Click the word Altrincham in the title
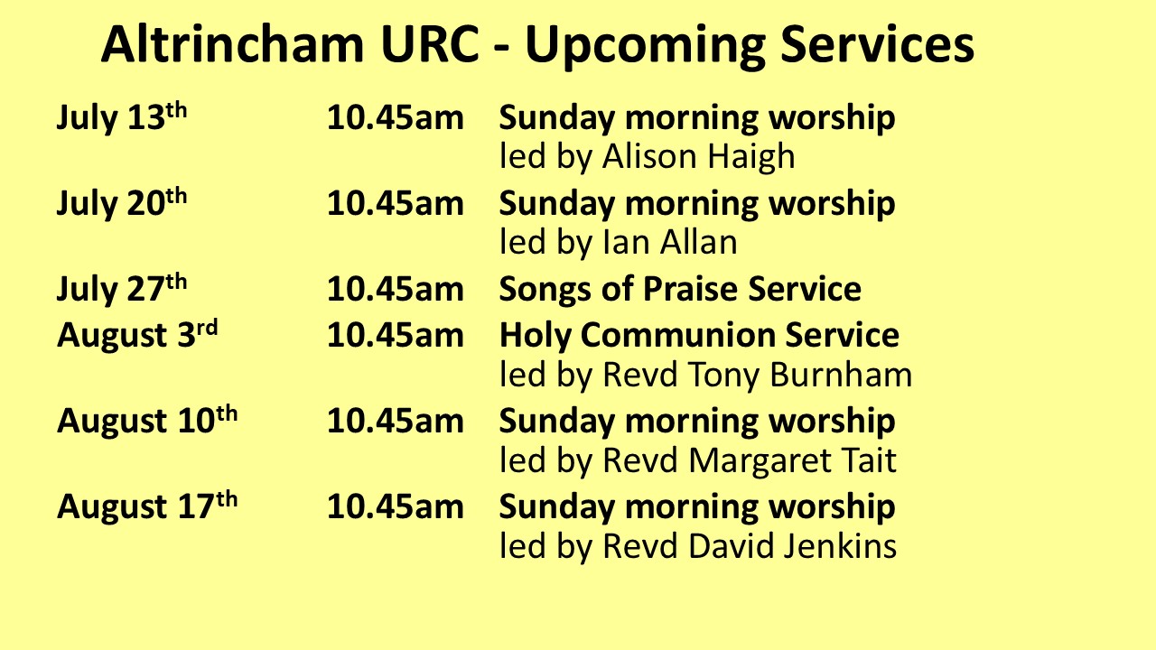tap(233, 44)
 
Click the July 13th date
tap(122, 117)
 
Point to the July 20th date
tap(122, 203)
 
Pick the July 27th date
tap(122, 289)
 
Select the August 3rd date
tap(137, 335)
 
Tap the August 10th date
tap(147, 421)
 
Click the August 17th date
tap(147, 506)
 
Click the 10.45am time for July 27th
tap(396, 289)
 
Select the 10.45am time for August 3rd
tap(396, 335)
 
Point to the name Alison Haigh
tap(698, 157)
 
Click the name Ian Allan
tap(670, 243)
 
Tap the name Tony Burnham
tap(800, 375)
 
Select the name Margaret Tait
tap(792, 460)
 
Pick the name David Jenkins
tap(792, 546)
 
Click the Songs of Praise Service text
tap(680, 289)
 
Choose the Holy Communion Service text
tap(699, 335)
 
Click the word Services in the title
tap(877, 44)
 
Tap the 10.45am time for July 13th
tap(396, 117)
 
